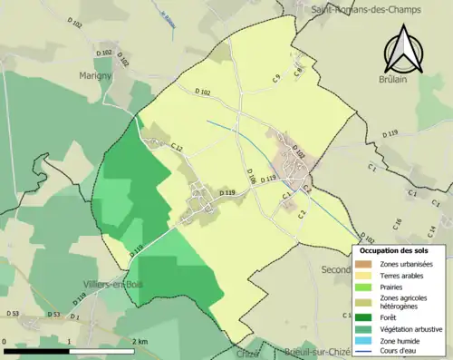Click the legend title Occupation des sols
394,250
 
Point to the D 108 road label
252,171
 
